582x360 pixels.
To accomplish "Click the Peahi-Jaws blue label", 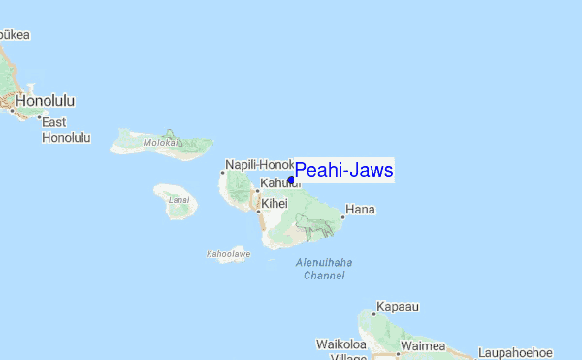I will pos(343,171).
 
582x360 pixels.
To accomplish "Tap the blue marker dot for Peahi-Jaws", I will pos(291,180).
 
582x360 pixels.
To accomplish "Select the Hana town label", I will pos(360,209).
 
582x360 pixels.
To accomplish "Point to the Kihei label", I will pos(275,203).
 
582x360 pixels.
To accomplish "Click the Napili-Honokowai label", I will pos(258,165).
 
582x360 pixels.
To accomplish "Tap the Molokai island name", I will pos(162,142).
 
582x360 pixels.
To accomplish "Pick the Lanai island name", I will pos(178,200).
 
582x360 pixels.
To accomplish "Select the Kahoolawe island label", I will pos(228,254).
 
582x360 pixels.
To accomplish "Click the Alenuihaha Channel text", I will pos(323,269).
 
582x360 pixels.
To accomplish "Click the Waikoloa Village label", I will pos(340,349).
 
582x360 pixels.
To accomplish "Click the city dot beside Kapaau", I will pos(373,313).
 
